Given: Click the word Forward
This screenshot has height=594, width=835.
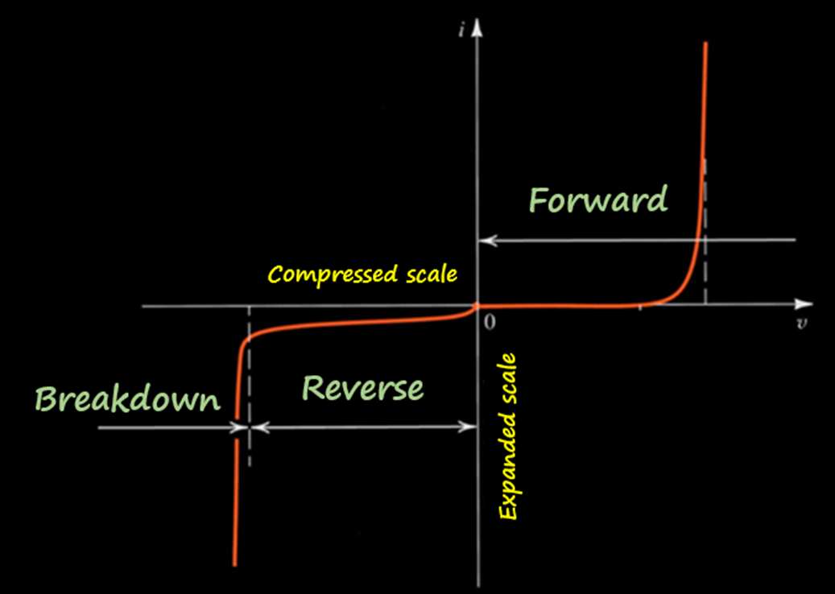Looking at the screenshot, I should coord(598,200).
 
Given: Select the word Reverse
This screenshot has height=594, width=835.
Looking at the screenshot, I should coord(362,389).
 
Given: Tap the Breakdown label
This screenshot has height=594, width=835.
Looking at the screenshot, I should coord(128,400).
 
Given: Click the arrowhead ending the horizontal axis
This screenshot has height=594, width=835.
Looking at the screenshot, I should coord(804,305).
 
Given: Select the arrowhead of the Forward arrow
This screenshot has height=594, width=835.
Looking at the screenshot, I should coord(486,240).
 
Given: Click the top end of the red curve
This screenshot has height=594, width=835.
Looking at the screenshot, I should coord(706,44).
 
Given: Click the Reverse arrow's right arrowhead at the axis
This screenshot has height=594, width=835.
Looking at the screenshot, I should coord(471,427).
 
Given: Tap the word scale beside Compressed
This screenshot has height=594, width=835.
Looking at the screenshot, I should coord(431,274).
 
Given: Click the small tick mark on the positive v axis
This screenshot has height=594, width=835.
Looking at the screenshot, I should coord(641,305).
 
